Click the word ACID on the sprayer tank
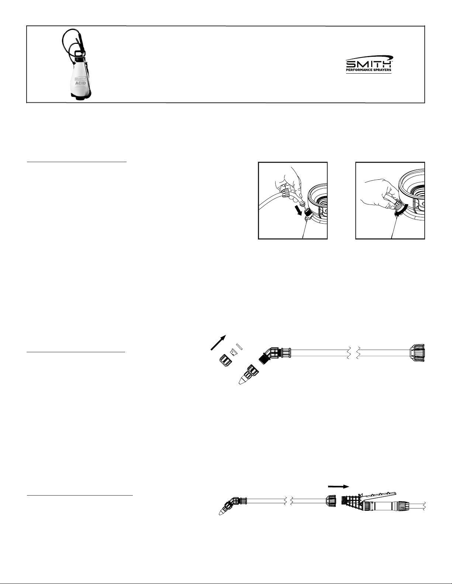point(80,83)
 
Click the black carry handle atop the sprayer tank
point(79,53)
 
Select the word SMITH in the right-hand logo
point(368,64)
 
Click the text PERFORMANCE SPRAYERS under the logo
point(369,70)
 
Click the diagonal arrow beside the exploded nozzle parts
point(218,343)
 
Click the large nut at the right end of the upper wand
point(417,353)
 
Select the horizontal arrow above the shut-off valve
point(338,486)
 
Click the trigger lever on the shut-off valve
point(379,494)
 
